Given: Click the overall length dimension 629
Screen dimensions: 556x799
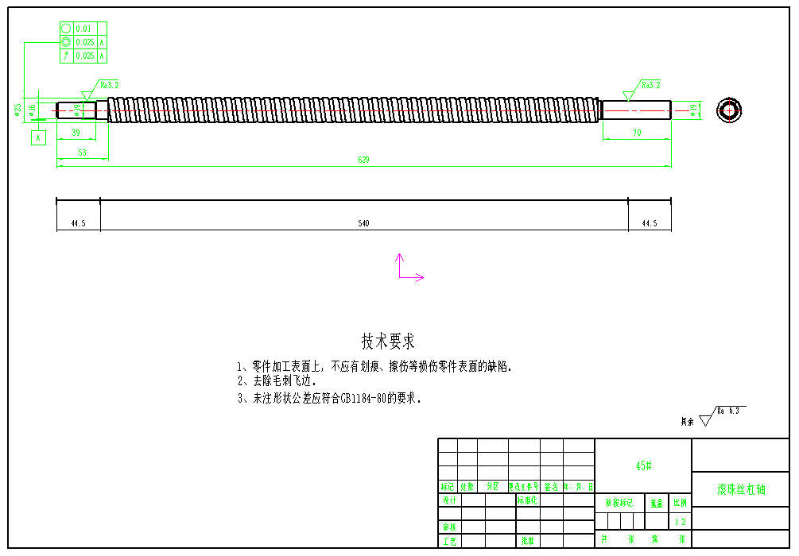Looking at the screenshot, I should (363, 160).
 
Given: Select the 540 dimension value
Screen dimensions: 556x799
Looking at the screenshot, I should (363, 224).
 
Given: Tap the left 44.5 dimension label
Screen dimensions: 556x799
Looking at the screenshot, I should (78, 224).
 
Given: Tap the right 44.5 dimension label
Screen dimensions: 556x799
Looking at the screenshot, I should (650, 224).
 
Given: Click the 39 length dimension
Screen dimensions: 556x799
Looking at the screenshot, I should (76, 133).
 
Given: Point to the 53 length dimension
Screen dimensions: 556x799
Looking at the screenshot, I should (82, 152).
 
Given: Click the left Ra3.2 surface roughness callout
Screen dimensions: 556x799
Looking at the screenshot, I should (109, 84).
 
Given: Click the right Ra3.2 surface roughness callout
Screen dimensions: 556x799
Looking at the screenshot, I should (651, 84).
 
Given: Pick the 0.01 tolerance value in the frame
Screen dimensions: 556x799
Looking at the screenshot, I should (83, 29).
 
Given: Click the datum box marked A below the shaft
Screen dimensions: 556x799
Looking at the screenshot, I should (37, 137).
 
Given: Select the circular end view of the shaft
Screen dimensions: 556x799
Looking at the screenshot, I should (728, 110).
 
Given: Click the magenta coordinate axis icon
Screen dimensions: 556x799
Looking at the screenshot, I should (407, 269).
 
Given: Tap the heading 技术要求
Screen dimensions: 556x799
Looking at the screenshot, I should (388, 342).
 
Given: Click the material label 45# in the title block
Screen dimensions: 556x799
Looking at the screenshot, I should (643, 466).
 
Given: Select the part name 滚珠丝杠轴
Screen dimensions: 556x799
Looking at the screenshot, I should (741, 489).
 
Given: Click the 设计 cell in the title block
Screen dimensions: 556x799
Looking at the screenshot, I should (449, 500).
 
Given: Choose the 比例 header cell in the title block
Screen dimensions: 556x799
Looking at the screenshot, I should (680, 503).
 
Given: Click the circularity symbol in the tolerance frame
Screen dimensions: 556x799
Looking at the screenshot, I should (66, 29).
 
